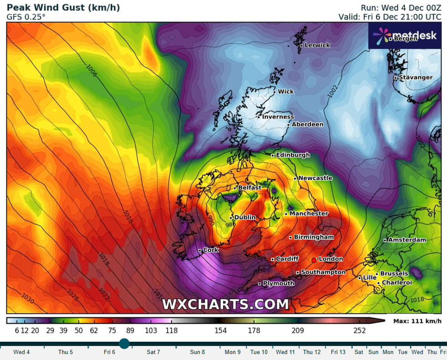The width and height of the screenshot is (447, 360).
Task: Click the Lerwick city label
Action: pyautogui.click(x=317, y=45)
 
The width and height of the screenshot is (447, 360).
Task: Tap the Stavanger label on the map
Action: pyautogui.click(x=416, y=78)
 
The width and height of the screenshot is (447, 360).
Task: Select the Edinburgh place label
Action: pyautogui.click(x=293, y=155)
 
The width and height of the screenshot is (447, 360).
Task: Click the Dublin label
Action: pyautogui.click(x=245, y=218)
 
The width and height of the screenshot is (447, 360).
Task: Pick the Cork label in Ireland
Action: pyautogui.click(x=211, y=250)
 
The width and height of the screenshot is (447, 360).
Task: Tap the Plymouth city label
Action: pyautogui.click(x=279, y=283)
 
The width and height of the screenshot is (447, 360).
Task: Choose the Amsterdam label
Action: pyautogui.click(x=407, y=240)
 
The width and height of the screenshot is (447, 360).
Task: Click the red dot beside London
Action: pyautogui.click(x=314, y=260)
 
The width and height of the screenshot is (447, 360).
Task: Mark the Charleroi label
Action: pyautogui.click(x=397, y=282)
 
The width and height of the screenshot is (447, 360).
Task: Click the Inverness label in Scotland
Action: pyautogui.click(x=278, y=117)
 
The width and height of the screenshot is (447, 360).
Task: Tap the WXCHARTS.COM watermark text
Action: pyautogui.click(x=225, y=304)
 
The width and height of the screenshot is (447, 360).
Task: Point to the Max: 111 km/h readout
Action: pyautogui.click(x=417, y=321)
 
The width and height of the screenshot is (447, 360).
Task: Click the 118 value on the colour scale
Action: pyautogui.click(x=171, y=331)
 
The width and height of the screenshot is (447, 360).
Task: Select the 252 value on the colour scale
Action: pyautogui.click(x=359, y=331)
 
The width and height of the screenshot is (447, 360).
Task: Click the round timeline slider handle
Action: pyautogui.click(x=124, y=344)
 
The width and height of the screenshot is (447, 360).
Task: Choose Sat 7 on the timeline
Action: pyautogui.click(x=153, y=352)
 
